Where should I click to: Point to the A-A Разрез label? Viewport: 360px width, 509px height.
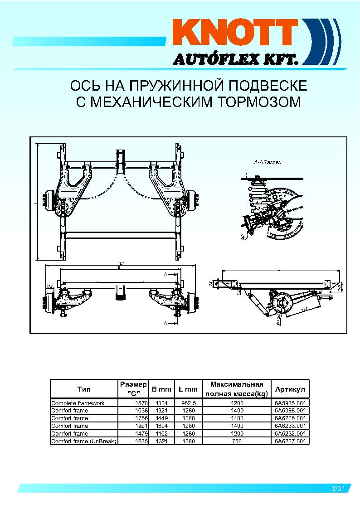(x=268, y=162)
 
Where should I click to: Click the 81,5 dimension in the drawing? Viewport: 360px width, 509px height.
(x=50, y=286)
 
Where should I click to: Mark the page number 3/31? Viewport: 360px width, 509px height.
(x=338, y=489)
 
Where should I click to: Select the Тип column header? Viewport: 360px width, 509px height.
(x=84, y=389)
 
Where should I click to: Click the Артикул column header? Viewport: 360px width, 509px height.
(x=290, y=389)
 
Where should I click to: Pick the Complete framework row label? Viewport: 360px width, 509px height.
(x=78, y=403)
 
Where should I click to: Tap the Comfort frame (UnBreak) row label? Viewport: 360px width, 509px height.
(x=84, y=441)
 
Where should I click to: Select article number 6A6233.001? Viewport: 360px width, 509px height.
(x=290, y=426)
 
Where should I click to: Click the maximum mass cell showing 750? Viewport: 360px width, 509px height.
(x=237, y=441)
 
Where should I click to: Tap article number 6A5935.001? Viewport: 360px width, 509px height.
(x=290, y=403)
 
